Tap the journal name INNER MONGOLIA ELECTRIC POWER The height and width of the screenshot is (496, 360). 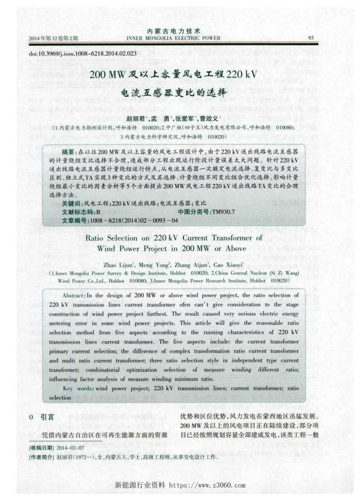click(180, 38)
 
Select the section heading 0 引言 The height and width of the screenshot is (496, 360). click(42, 417)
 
